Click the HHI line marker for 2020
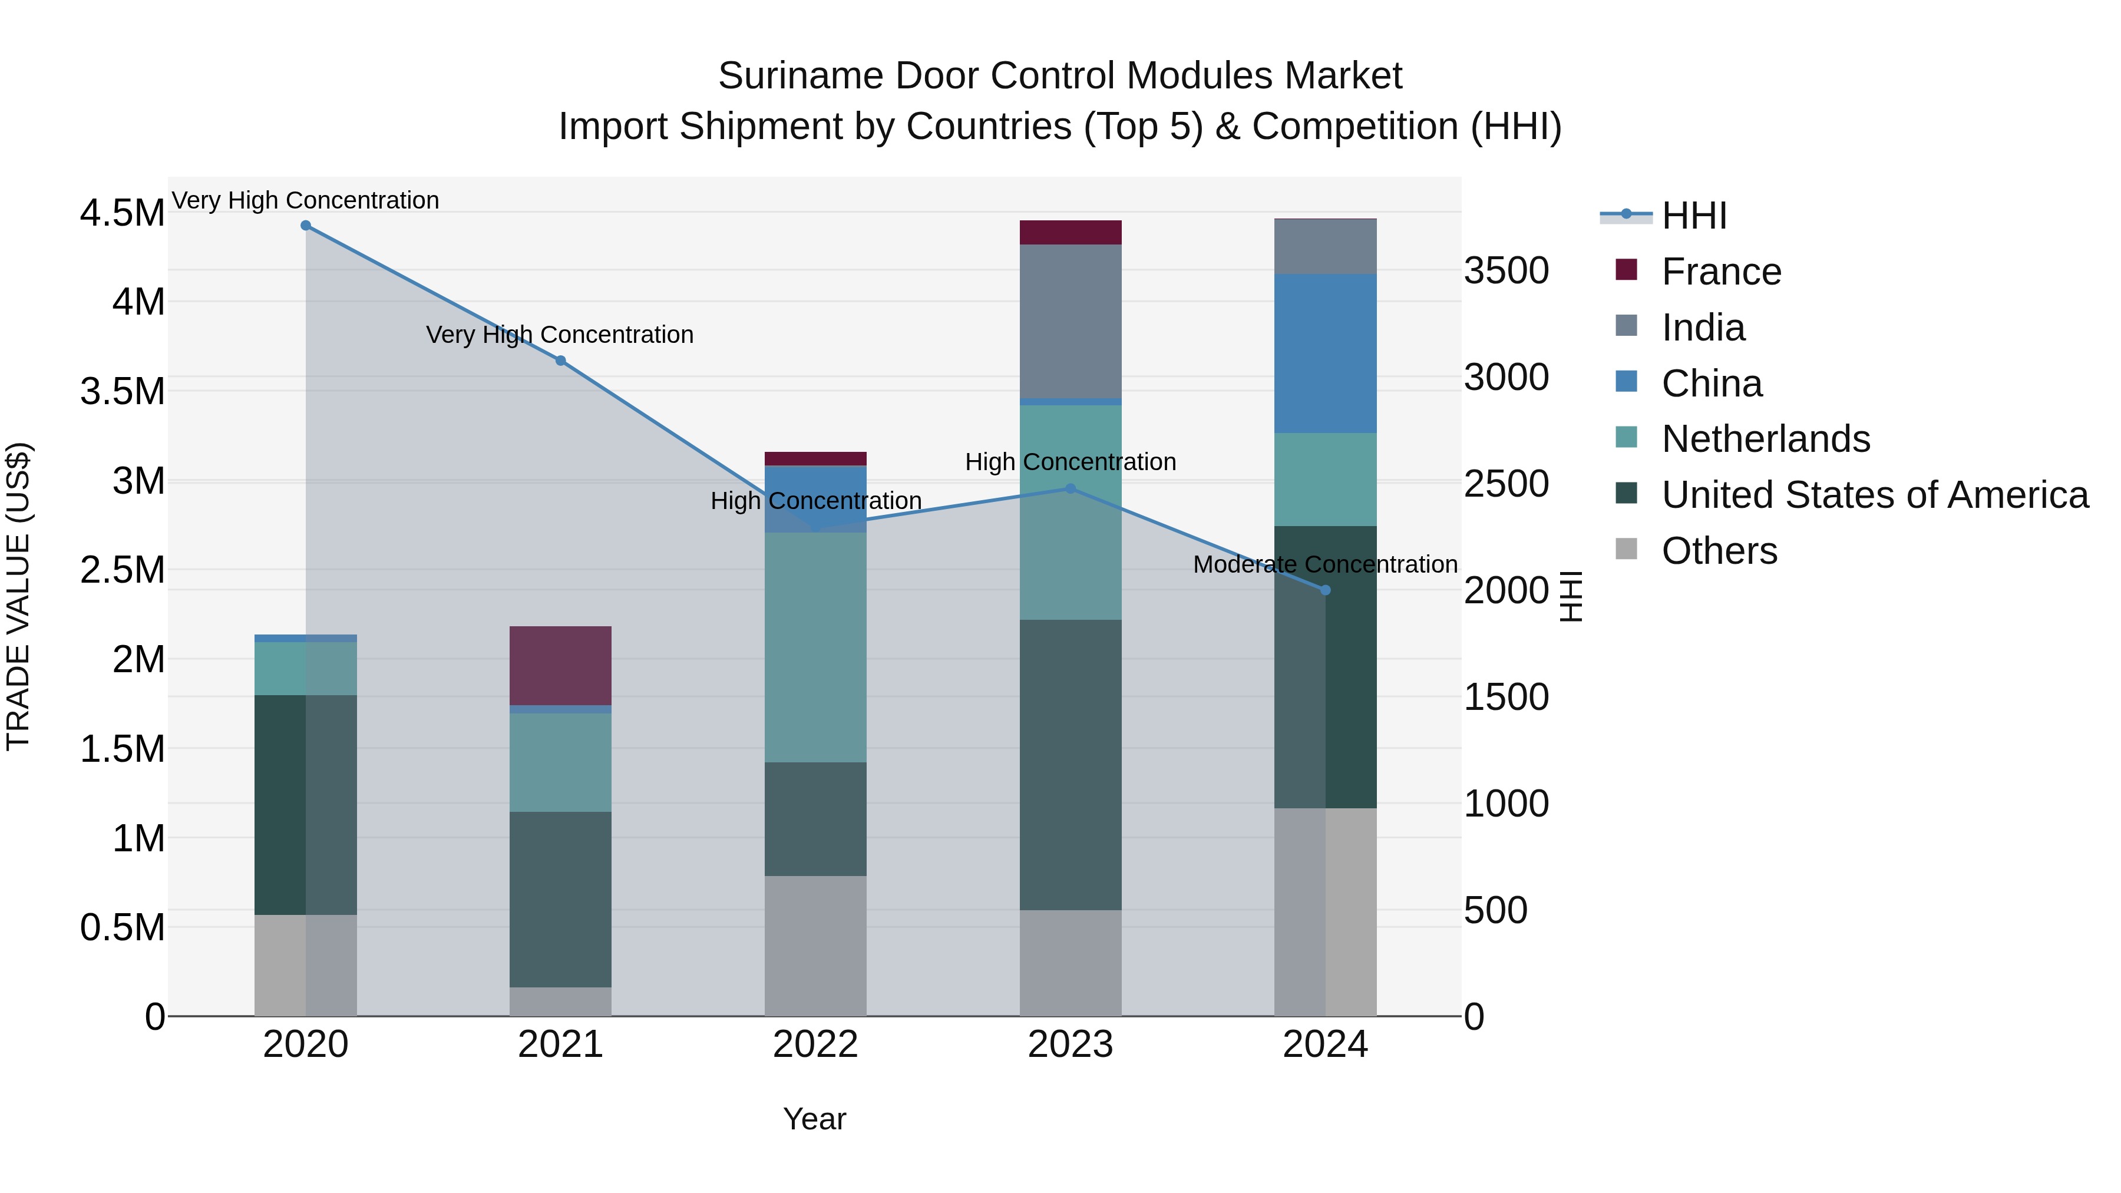(305, 226)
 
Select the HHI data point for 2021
(561, 361)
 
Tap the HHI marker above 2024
(1325, 590)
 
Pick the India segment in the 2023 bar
(1071, 321)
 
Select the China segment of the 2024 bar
(1325, 353)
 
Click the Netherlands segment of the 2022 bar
(815, 646)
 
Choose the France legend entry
(1721, 272)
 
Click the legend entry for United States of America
(1874, 495)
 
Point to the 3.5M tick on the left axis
(123, 391)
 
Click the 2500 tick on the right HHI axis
(1506, 484)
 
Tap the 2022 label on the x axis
(815, 1045)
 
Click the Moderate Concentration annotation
(1325, 565)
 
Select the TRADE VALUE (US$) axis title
(18, 596)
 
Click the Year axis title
(814, 1119)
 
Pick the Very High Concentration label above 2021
(560, 335)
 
